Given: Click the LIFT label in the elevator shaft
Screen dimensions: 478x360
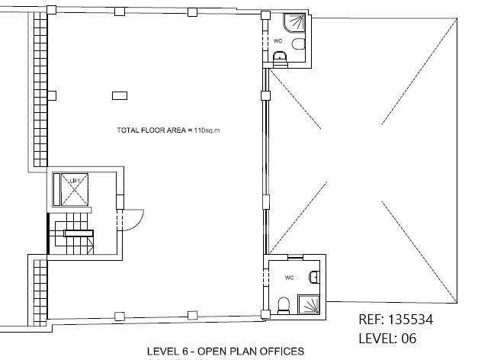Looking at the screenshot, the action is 75,181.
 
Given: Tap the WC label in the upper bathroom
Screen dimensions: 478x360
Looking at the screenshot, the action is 277,41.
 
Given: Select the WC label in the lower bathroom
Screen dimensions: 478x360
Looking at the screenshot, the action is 289,278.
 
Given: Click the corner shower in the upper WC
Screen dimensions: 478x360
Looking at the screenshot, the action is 294,23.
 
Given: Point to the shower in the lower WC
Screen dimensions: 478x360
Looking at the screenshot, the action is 309,304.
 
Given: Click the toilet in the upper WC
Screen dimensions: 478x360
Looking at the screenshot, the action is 298,44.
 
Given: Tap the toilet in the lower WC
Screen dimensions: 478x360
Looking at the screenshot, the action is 284,306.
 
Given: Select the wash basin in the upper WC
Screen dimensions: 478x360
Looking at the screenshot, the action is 280,59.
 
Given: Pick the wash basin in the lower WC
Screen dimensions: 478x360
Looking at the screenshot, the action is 314,278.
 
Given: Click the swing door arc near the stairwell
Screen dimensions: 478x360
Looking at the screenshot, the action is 140,221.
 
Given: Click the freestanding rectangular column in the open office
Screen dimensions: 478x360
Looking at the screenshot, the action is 120,96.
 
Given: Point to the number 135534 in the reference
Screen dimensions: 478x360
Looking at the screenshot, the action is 411,320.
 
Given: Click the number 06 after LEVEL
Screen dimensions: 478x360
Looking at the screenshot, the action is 409,339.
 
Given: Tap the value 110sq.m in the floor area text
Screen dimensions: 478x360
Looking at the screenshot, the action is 207,130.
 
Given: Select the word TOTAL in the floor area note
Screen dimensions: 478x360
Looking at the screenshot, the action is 126,130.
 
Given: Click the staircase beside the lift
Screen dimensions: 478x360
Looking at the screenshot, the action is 72,233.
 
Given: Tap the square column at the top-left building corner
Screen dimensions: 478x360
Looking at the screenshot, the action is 52,10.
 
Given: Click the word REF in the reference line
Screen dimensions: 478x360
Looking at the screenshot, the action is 371,320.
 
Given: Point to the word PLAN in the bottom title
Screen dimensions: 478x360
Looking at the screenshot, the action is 246,352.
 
